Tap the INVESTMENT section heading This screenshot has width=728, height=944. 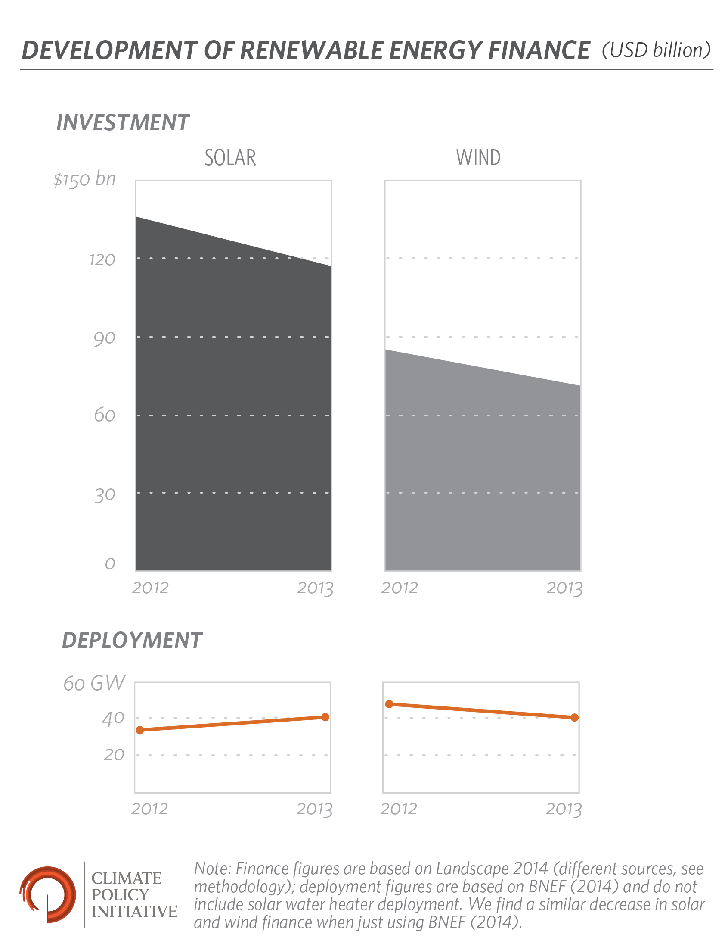[123, 122]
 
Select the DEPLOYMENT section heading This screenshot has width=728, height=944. [132, 640]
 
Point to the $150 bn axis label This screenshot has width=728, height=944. [85, 179]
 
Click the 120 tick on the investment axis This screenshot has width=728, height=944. [102, 260]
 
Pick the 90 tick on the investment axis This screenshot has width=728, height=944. [105, 338]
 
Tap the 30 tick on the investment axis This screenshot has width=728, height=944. [105, 494]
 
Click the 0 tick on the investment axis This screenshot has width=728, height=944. [110, 564]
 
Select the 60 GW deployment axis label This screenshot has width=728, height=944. [94, 683]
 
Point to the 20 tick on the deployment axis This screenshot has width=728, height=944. [114, 755]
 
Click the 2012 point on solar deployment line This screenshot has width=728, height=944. [140, 730]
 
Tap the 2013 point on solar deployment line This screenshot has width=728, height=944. [325, 717]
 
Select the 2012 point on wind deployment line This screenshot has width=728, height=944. [389, 704]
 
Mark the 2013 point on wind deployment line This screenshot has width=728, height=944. [574, 718]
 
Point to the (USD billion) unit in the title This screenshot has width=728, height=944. [656, 50]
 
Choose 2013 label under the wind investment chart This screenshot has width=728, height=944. [564, 588]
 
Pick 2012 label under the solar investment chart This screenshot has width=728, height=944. [150, 588]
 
